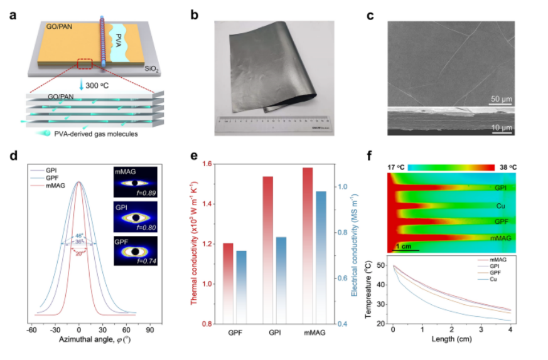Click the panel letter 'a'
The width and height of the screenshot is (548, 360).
pos(13,16)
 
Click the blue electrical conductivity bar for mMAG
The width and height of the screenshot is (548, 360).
pos(320,257)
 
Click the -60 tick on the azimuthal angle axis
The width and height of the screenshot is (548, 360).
pos(30,329)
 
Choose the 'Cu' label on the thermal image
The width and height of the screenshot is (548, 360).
pos(500,206)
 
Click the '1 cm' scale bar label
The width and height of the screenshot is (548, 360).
pos(404,246)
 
